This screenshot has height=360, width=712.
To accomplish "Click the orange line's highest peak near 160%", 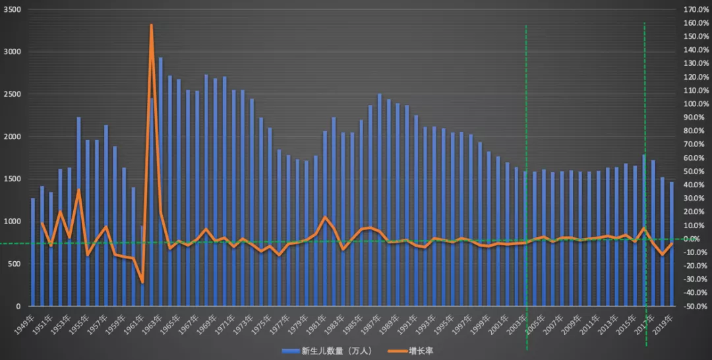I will pos(152,26).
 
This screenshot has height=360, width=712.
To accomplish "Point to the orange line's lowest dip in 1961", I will pos(142,282).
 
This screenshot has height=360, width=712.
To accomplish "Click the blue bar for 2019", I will pos(672,244).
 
